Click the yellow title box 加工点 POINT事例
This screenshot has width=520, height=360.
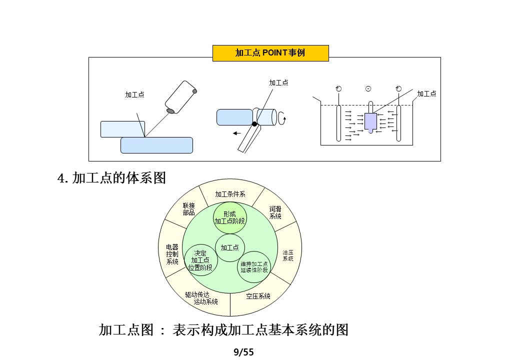[x=270, y=53]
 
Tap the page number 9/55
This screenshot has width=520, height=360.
[x=244, y=352]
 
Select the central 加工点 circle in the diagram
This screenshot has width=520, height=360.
[x=229, y=247]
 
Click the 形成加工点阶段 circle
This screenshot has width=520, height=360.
[x=230, y=218]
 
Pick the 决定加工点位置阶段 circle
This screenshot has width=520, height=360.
[x=200, y=260]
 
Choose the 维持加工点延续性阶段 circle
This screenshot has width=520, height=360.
[x=254, y=266]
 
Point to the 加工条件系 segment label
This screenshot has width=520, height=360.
[x=230, y=194]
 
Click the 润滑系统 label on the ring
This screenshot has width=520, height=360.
[x=275, y=212]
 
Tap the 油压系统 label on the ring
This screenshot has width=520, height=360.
[x=288, y=255]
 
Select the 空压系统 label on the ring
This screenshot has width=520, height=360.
[x=258, y=296]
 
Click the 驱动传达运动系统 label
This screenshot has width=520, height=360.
[x=201, y=298]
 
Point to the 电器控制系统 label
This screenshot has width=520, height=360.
[x=172, y=254]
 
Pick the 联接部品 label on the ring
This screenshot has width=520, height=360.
[x=188, y=209]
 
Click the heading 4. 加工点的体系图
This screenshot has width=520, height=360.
[x=112, y=178]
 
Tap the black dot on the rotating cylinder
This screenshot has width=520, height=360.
[x=254, y=124]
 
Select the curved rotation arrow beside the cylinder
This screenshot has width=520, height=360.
[x=283, y=117]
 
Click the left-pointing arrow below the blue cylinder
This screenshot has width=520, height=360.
[x=237, y=133]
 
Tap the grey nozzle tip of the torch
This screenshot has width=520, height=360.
[x=171, y=110]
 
